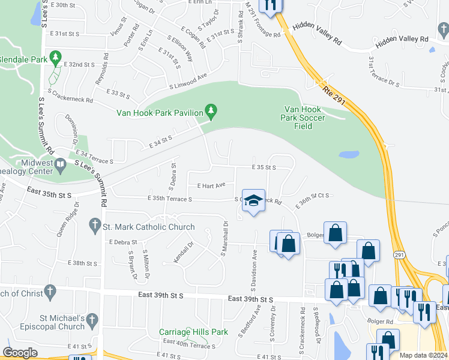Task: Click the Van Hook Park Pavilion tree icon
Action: point(211,110)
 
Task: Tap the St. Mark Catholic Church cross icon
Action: point(94,226)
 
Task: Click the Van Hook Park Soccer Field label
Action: point(304,118)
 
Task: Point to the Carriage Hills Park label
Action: point(185,332)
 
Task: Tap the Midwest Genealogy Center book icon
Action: point(61,164)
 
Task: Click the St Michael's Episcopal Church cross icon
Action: point(92,320)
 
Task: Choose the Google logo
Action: point(20,352)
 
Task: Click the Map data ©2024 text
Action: point(423,355)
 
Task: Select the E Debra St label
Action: point(123,242)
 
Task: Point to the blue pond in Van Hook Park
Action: point(349,154)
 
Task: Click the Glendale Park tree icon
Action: point(56,58)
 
